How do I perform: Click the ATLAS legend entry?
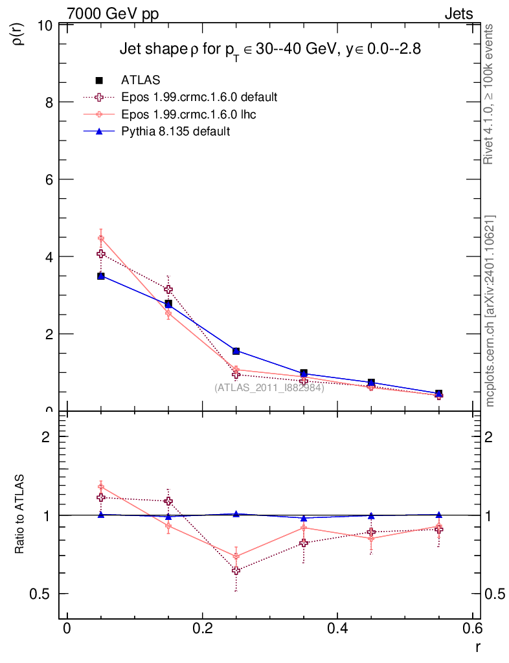coord(141,80)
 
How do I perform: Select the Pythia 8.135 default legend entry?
coord(175,131)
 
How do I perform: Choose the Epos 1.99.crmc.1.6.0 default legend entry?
coord(199,97)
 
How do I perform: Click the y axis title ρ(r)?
coord(19,34)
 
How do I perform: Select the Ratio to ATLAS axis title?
coord(19,515)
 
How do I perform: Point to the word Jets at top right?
coord(458,14)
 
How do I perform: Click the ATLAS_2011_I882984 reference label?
coord(269,388)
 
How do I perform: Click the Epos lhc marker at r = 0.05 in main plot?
coord(101,238)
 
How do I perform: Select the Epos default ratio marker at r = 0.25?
coord(236,570)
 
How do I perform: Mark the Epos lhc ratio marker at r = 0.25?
coord(236,556)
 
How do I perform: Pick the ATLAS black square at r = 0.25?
coord(236,351)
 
